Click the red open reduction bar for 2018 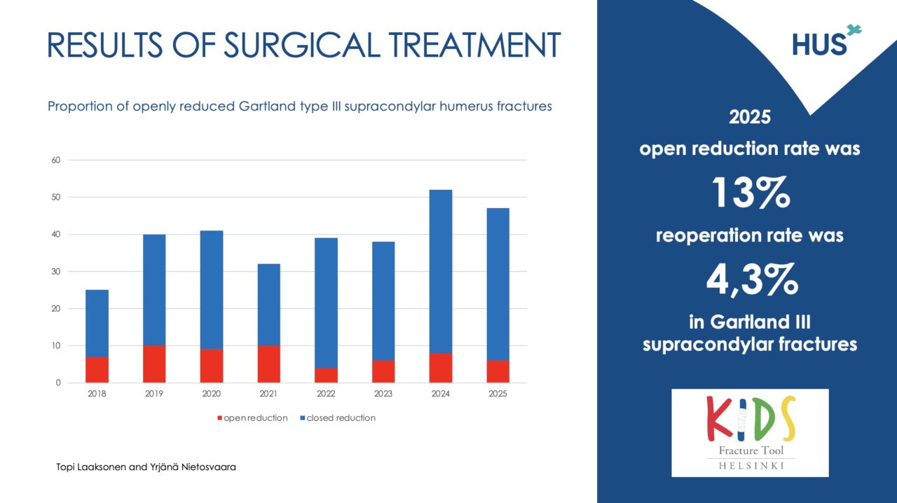pos(97,370)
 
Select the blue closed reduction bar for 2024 pos(440,271)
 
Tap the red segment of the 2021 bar pos(268,364)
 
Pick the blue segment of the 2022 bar pos(326,303)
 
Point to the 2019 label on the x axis pos(154,394)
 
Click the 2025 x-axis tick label pos(498,394)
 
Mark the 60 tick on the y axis pos(56,160)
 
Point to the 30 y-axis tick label pos(56,271)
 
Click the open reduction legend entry pos(252,418)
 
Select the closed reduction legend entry pos(337,418)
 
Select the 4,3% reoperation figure pos(751,279)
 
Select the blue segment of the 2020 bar pos(212,290)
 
